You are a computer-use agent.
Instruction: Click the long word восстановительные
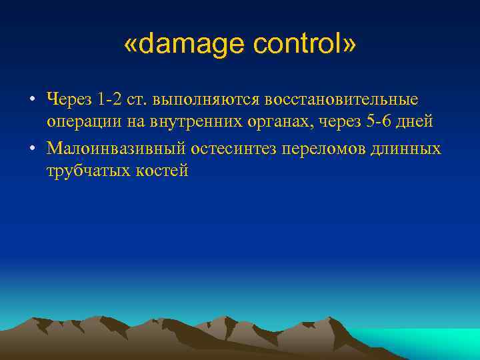342,99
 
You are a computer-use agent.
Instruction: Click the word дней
414,123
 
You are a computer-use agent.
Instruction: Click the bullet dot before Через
31,100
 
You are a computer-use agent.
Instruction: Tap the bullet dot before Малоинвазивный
31,148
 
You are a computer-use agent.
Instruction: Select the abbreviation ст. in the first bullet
137,99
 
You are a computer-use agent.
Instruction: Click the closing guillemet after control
349,45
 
